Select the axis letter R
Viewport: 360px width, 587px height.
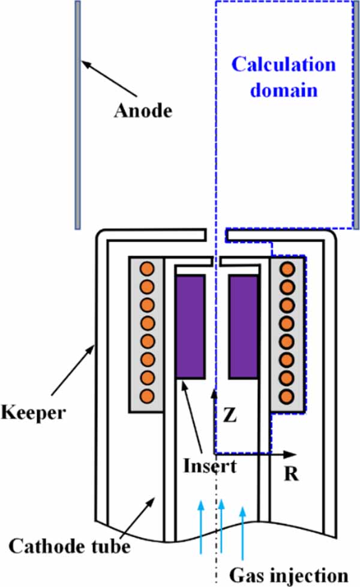pyautogui.click(x=291, y=474)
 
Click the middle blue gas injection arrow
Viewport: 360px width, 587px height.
pyautogui.click(x=221, y=528)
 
